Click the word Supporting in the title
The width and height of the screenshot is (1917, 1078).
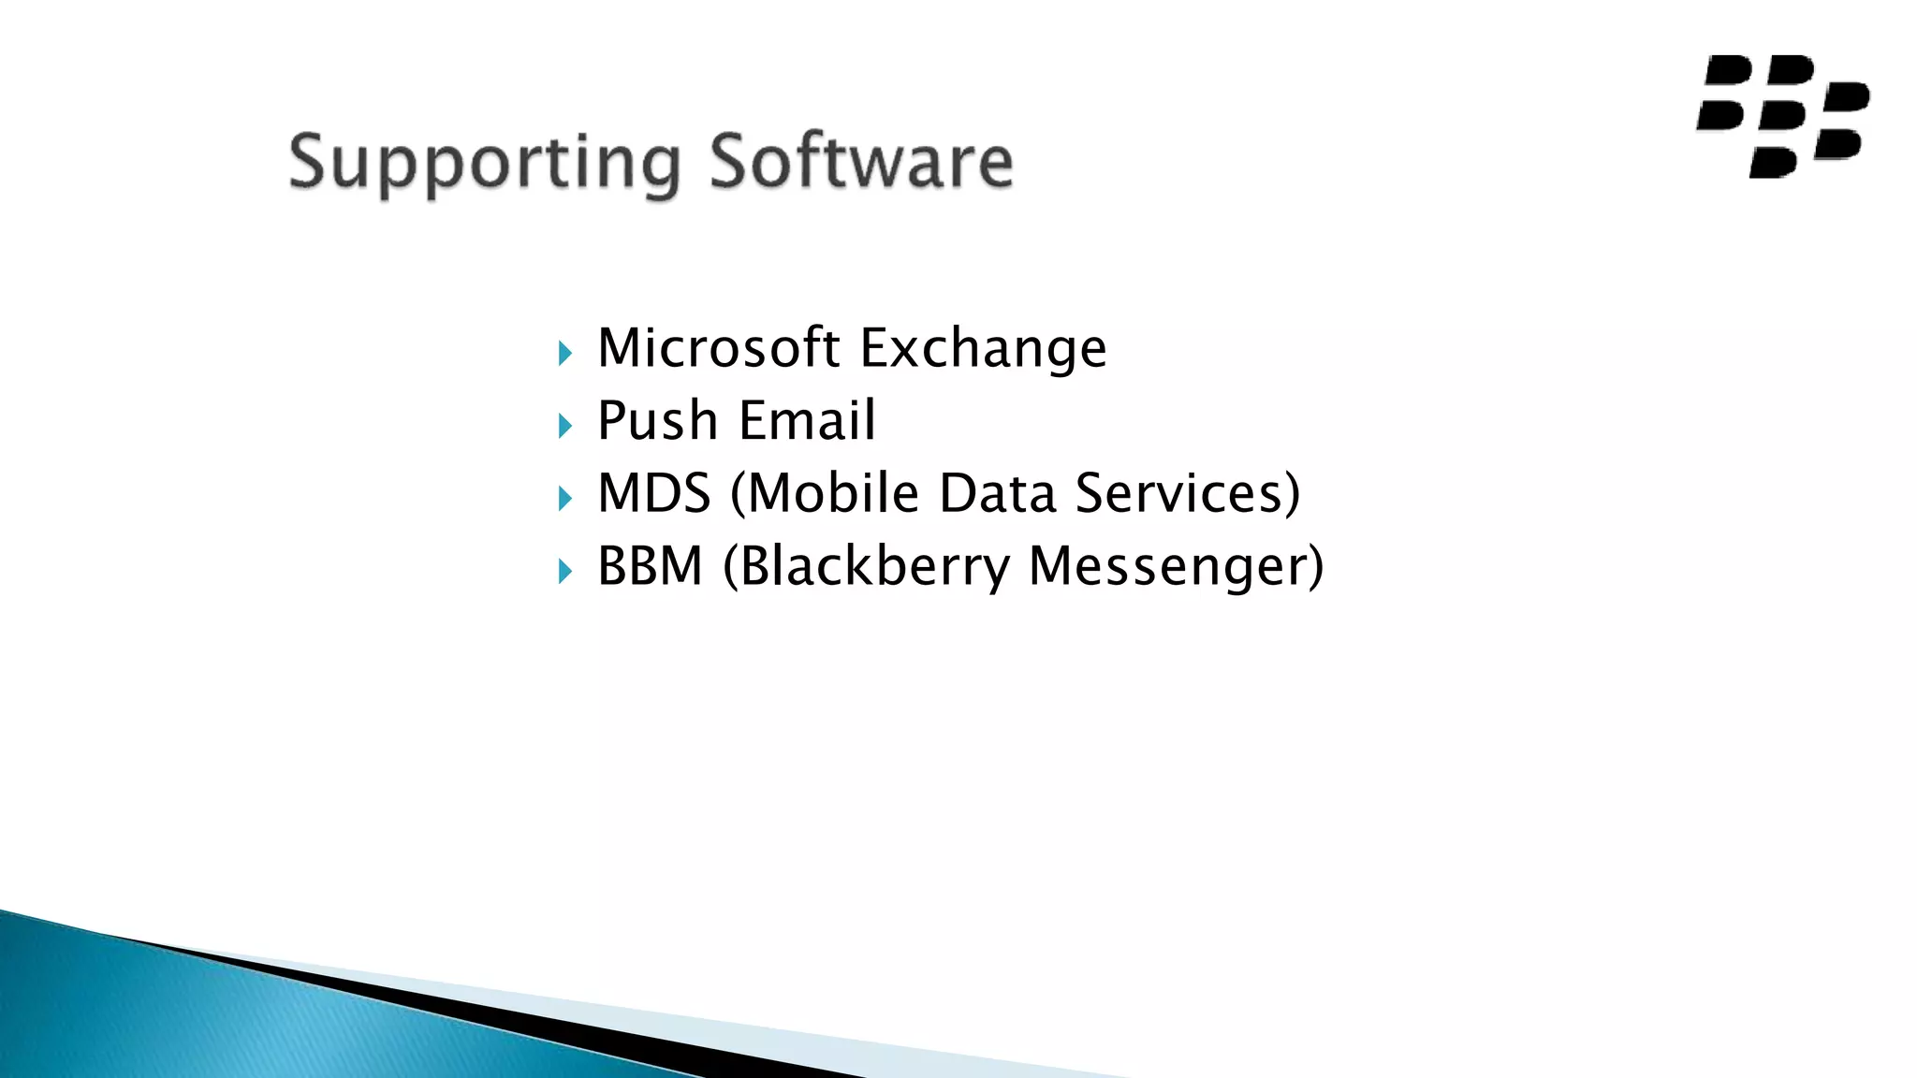click(x=484, y=163)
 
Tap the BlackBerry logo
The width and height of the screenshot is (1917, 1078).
click(x=1782, y=116)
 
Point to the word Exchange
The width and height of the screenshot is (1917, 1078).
click(x=983, y=349)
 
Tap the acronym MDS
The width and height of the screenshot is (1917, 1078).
click(x=654, y=493)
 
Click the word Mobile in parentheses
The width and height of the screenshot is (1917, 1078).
click(x=833, y=493)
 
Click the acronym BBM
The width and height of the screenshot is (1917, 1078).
click(x=650, y=566)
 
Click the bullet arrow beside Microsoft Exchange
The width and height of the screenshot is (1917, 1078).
click(x=564, y=354)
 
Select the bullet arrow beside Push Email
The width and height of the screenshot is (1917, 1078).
click(x=564, y=427)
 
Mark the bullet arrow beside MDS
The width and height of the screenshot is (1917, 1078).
click(x=564, y=499)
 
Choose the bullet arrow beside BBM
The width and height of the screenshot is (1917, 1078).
click(x=564, y=571)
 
